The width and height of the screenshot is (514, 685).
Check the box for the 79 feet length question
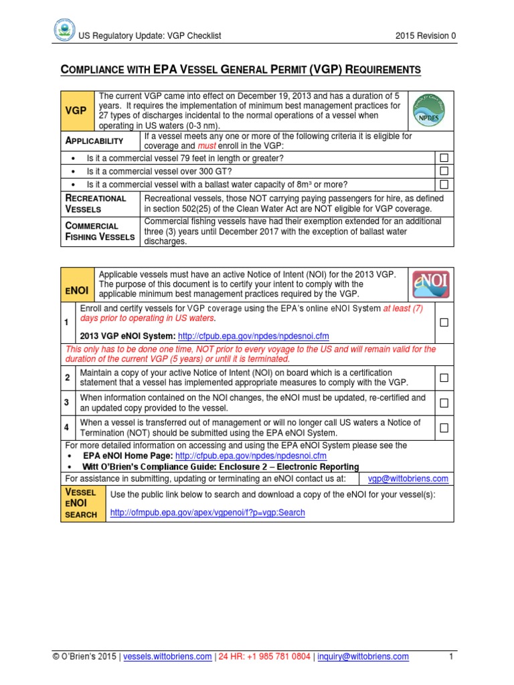[x=443, y=158]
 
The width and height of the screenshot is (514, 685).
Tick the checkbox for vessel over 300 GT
[x=443, y=171]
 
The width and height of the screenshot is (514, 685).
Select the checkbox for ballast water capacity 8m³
[x=443, y=184]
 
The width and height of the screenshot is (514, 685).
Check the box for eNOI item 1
[x=443, y=322]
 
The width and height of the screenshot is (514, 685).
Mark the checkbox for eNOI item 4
[x=443, y=427]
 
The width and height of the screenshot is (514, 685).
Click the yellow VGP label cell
[x=79, y=110]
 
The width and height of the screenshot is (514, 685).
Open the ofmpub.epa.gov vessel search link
[x=207, y=512]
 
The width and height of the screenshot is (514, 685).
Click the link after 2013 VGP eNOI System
[x=252, y=336]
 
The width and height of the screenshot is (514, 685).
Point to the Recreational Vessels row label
[x=95, y=203]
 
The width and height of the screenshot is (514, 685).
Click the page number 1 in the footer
[x=451, y=657]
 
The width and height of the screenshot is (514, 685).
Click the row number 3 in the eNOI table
[x=67, y=402]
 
